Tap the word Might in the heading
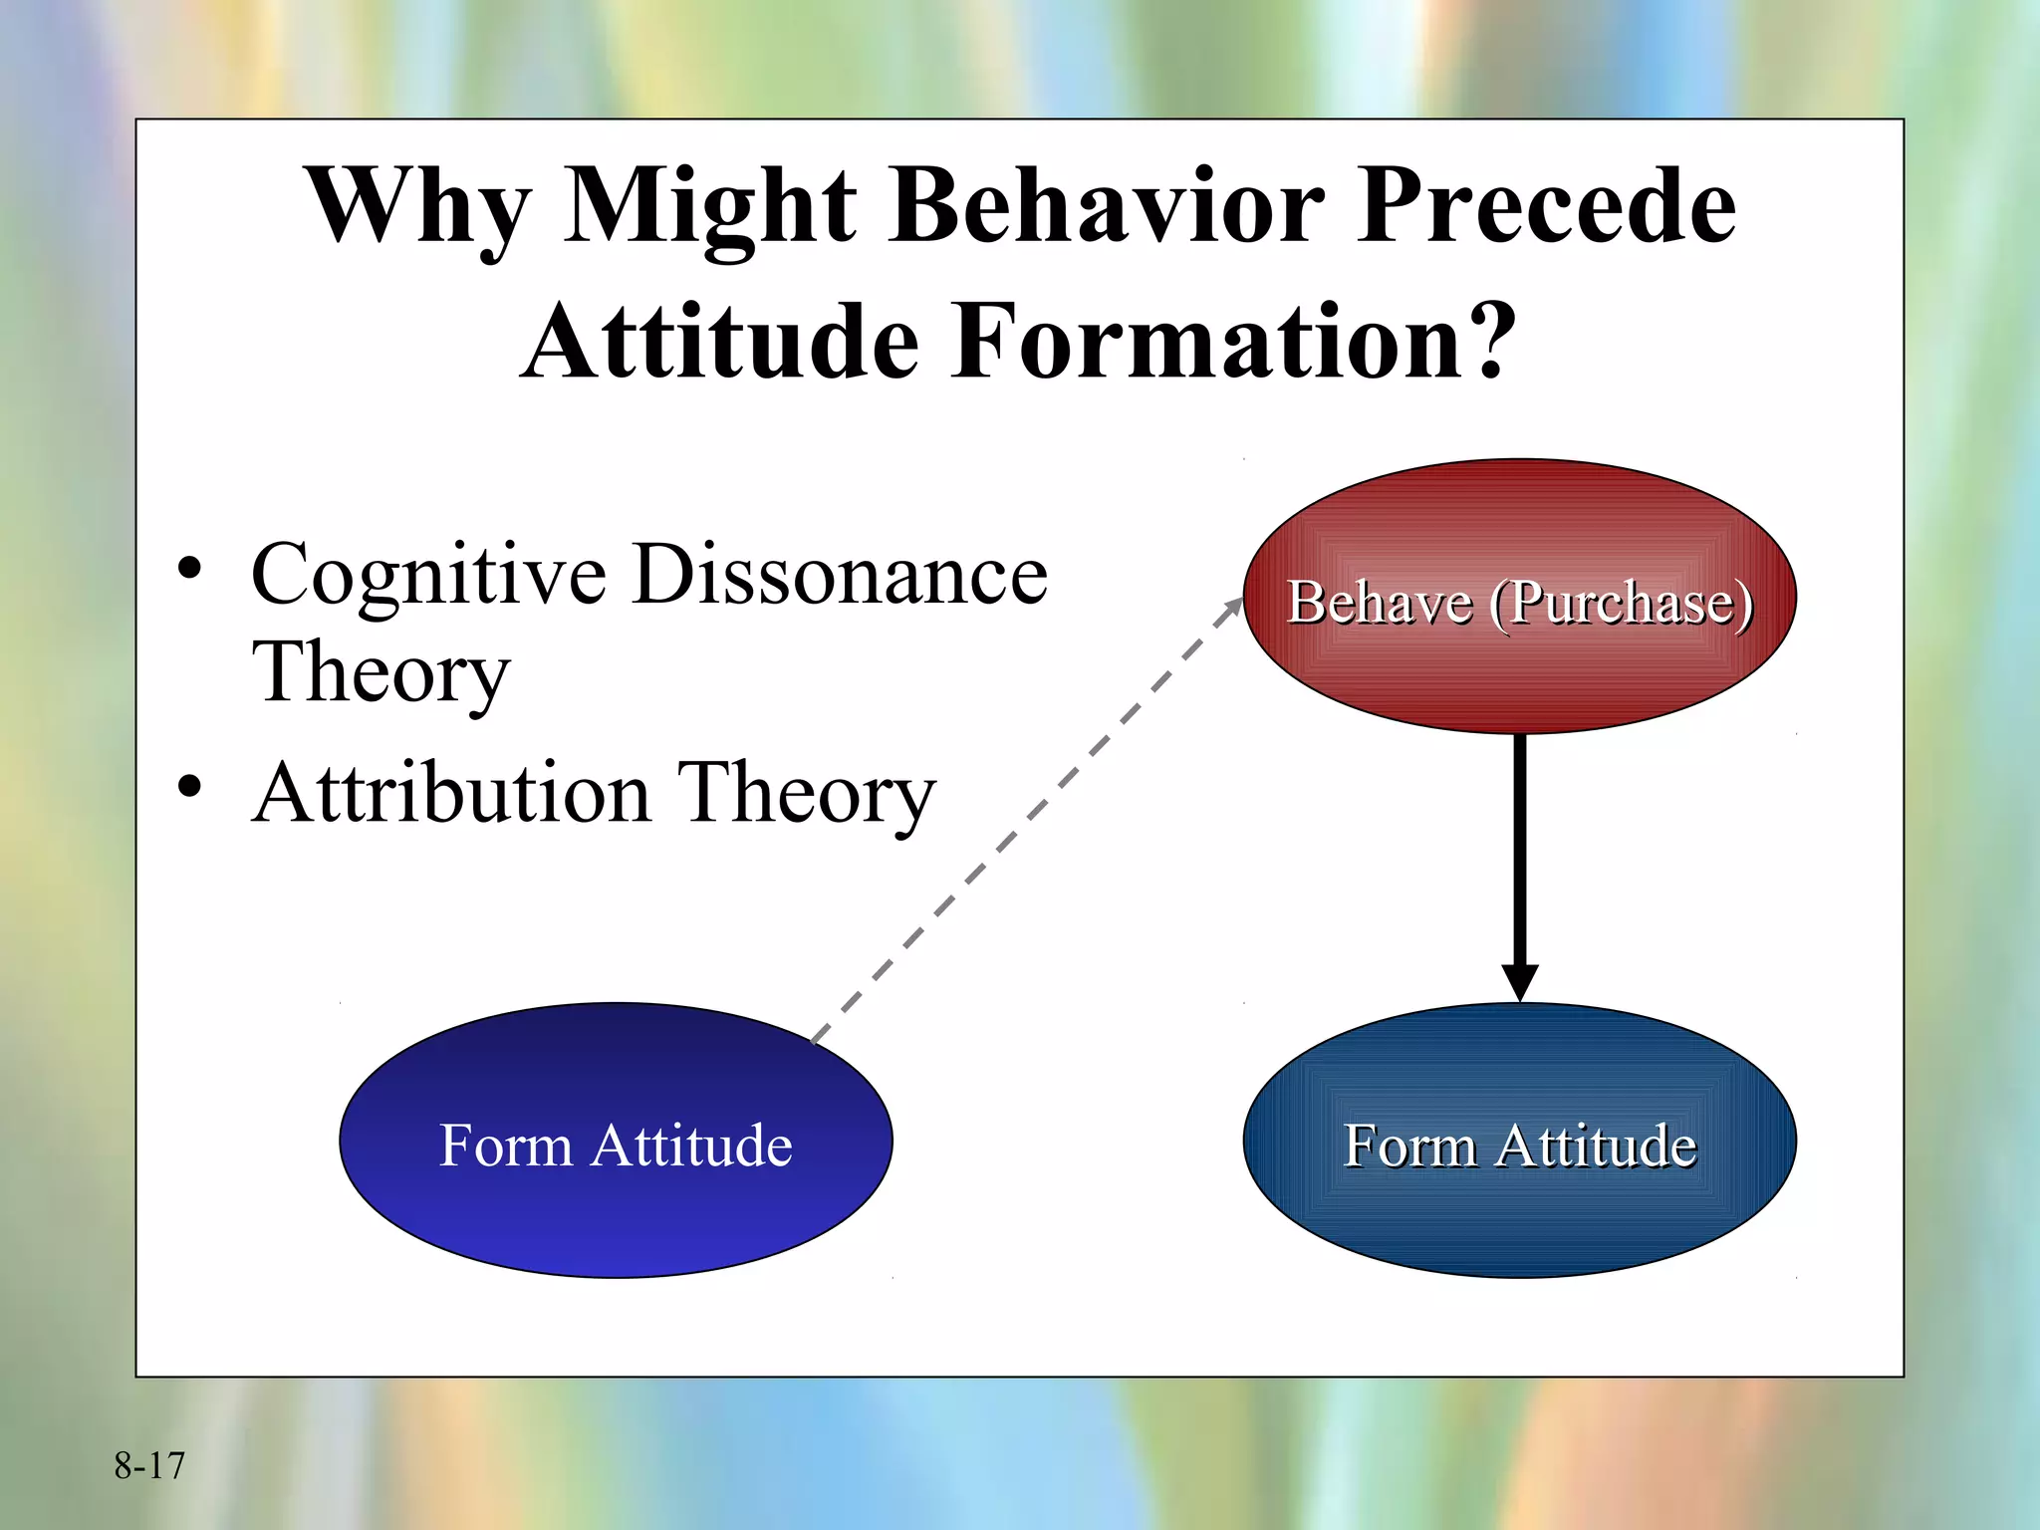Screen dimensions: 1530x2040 point(709,207)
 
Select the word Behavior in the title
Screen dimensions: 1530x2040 point(1107,205)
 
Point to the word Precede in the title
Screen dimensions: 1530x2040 point(1547,205)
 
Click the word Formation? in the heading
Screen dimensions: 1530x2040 point(1233,343)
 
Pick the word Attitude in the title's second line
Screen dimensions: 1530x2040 point(719,343)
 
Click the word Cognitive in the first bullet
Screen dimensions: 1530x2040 point(428,576)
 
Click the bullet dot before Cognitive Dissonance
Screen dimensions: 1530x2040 point(189,570)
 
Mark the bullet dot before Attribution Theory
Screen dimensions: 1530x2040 point(189,788)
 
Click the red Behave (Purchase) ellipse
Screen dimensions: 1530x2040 point(1519,657)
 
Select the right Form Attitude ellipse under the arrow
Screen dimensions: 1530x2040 point(1519,1205)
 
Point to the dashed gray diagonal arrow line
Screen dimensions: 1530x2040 point(1026,822)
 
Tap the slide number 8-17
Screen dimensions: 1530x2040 point(149,1465)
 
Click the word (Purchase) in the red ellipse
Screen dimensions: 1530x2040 point(1621,603)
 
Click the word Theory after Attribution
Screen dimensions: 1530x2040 point(806,794)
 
